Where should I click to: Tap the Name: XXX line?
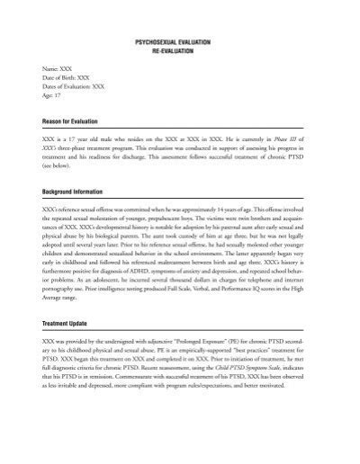click(x=57, y=68)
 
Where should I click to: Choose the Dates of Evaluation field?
click(x=75, y=87)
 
